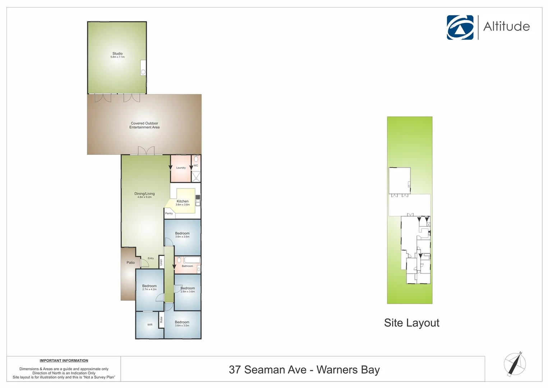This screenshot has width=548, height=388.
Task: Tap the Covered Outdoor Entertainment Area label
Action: pyautogui.click(x=144, y=125)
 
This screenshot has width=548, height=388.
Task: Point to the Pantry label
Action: pyautogui.click(x=169, y=213)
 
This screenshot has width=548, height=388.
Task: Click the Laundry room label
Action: pyautogui.click(x=181, y=168)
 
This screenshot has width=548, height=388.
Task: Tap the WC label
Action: pyautogui.click(x=196, y=166)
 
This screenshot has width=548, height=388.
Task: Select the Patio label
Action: pyautogui.click(x=130, y=263)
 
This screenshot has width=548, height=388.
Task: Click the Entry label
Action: pyautogui.click(x=151, y=258)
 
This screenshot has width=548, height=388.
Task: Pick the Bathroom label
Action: pyautogui.click(x=187, y=266)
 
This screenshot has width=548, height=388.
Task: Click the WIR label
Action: pyautogui.click(x=150, y=325)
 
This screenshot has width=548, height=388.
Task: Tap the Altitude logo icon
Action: pyautogui.click(x=460, y=27)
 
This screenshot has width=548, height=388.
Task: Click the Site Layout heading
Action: pyautogui.click(x=411, y=323)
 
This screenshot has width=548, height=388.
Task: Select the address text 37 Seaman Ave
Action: pyautogui.click(x=267, y=370)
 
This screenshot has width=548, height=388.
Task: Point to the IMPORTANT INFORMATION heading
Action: pyautogui.click(x=64, y=361)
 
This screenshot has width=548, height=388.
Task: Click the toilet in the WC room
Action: pyautogui.click(x=196, y=159)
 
